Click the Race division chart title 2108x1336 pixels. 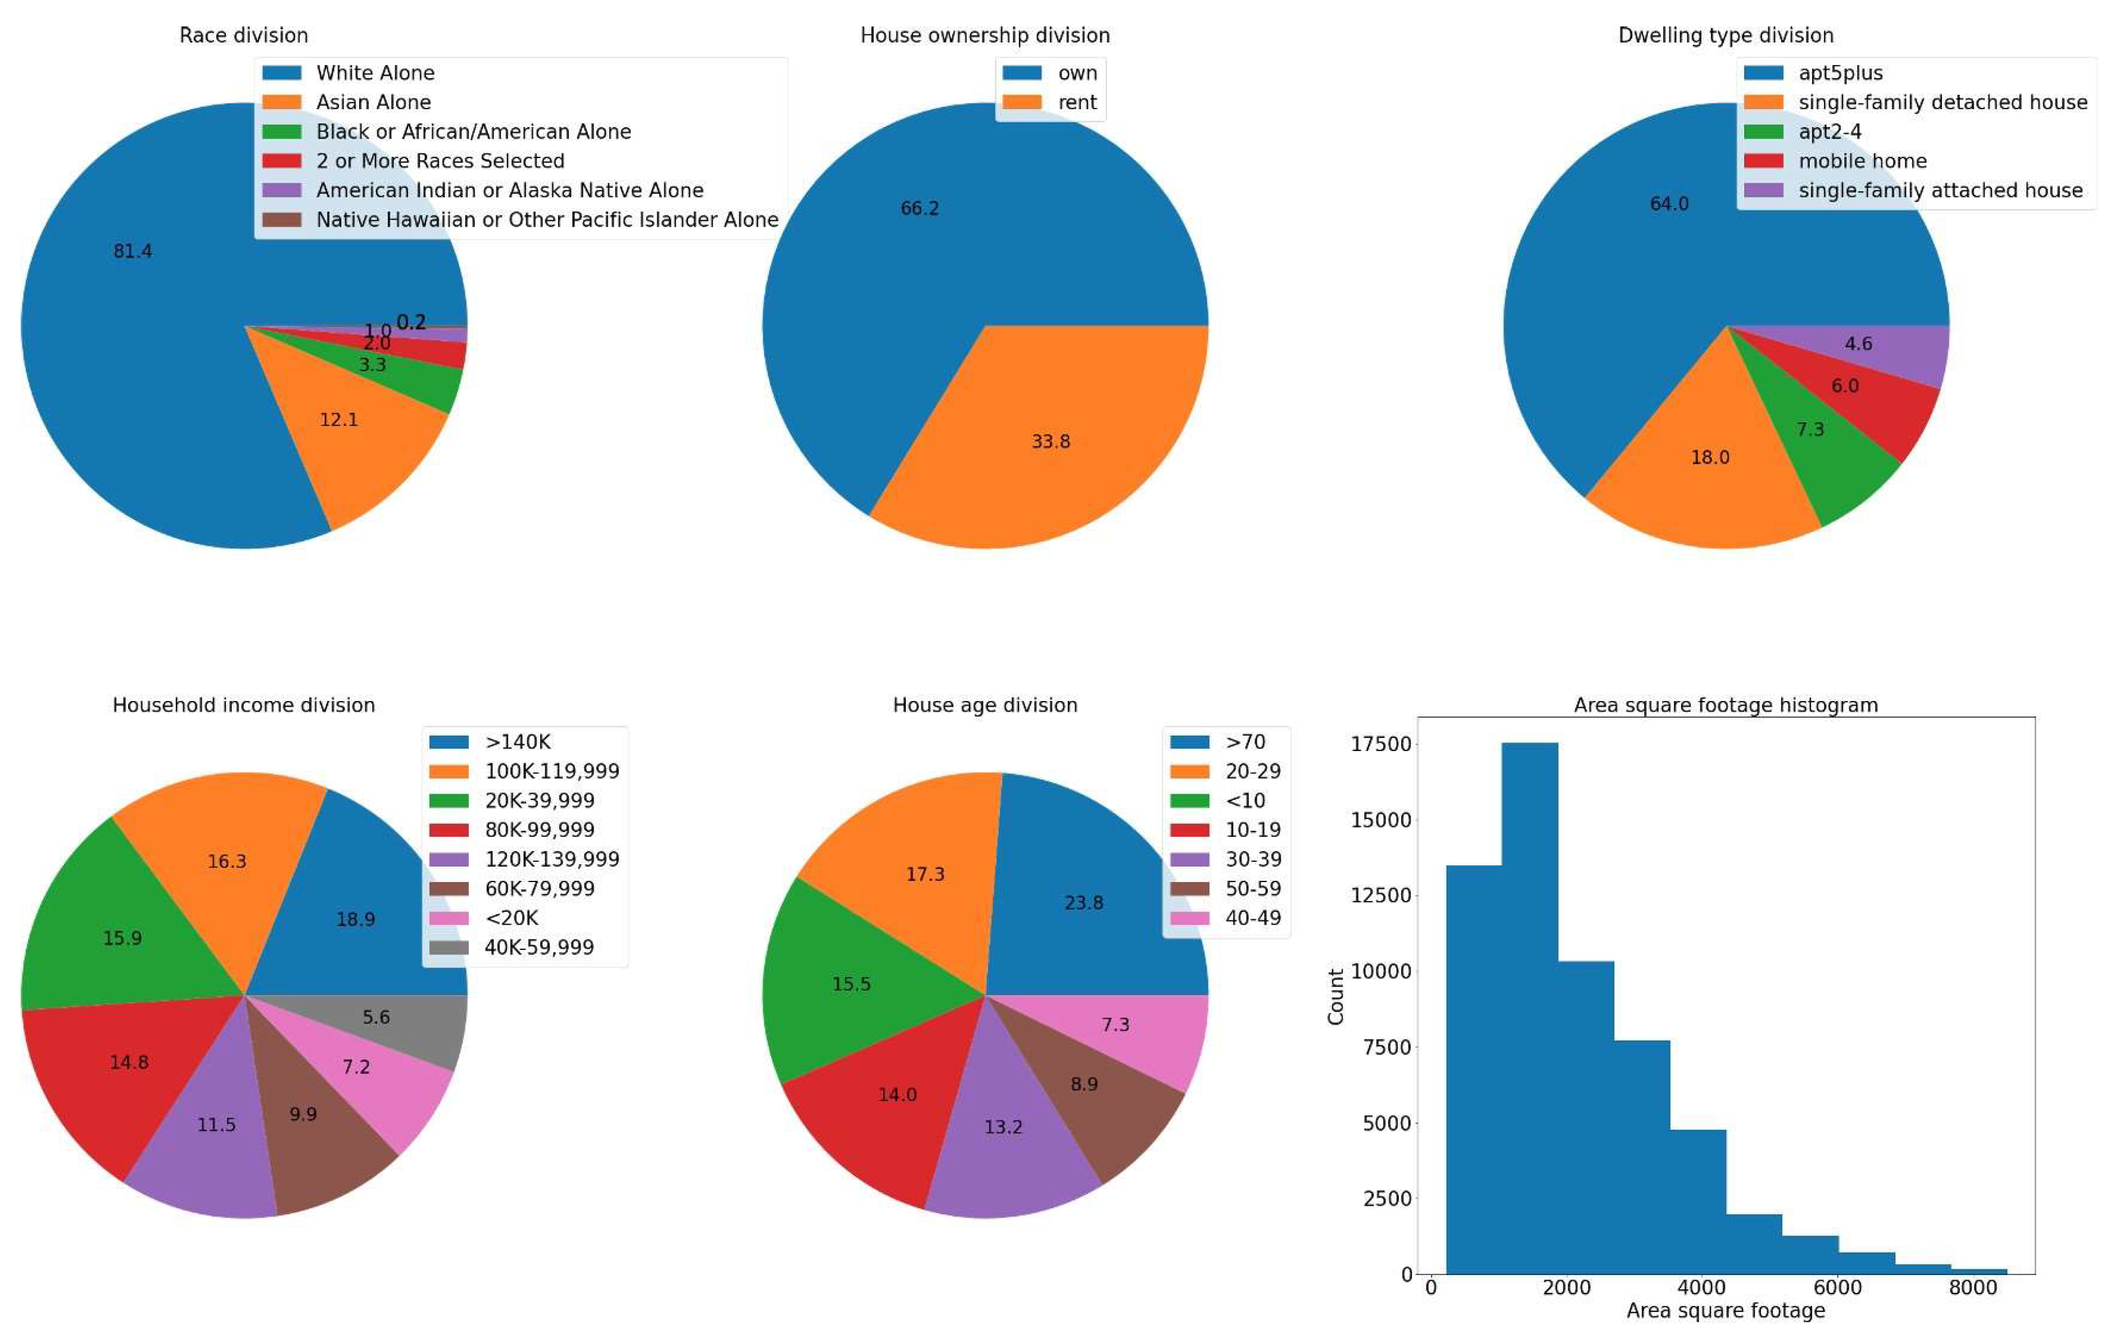coord(243,35)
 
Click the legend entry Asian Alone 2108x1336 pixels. coord(373,102)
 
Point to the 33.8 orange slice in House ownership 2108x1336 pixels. coord(1051,441)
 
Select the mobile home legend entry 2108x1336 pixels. coord(1862,161)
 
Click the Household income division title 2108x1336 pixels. coord(243,704)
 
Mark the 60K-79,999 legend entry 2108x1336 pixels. coord(539,888)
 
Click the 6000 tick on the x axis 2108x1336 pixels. coord(1837,1288)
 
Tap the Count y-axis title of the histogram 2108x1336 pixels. coord(1336,996)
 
